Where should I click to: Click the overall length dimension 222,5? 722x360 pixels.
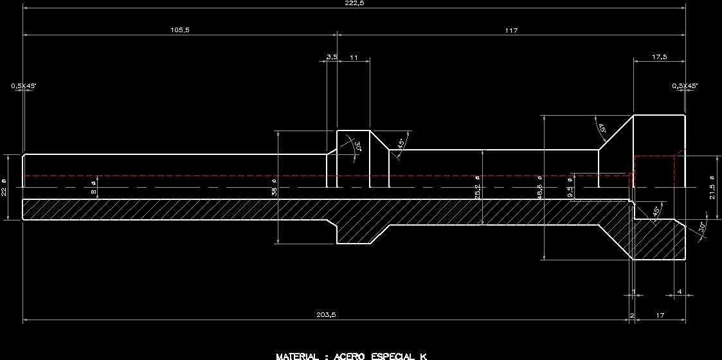354,3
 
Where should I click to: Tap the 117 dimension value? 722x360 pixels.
511,30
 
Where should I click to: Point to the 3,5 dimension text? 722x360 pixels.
332,57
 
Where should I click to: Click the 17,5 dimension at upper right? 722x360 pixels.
659,57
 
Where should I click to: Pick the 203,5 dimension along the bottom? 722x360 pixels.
326,314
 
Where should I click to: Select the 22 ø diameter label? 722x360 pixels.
4,187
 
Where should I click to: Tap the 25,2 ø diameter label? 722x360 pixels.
477,187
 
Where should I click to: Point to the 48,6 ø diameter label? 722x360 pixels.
539,187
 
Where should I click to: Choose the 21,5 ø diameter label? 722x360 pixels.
712,187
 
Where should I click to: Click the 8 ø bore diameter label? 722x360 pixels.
93,187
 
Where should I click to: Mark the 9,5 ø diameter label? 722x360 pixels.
570,188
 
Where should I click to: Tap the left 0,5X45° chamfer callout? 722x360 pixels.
23,85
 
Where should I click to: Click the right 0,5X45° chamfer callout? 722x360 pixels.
685,85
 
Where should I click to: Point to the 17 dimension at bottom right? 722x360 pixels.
660,314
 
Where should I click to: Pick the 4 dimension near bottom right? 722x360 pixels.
680,292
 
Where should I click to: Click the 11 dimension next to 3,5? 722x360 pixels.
354,57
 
